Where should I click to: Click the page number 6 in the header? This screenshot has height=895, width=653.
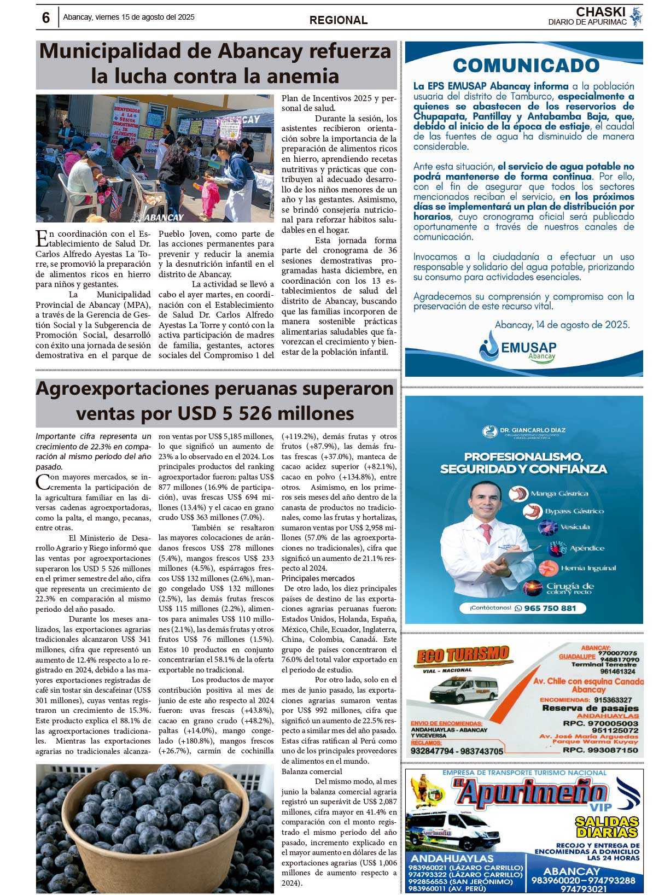click(46, 18)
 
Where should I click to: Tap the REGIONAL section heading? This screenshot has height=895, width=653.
click(339, 20)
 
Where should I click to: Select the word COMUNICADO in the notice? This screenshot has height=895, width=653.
click(526, 65)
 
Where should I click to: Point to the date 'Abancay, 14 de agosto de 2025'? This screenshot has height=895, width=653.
click(562, 325)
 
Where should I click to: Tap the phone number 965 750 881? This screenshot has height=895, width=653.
click(550, 608)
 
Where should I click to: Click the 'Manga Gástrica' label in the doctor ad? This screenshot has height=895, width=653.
click(559, 494)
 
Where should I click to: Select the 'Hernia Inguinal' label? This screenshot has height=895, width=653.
click(588, 568)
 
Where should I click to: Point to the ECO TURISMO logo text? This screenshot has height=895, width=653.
click(463, 655)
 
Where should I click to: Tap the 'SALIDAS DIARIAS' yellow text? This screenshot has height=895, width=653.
click(607, 827)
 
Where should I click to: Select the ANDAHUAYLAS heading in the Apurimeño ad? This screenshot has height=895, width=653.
click(452, 858)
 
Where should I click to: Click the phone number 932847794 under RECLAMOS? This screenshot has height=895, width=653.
click(433, 751)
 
